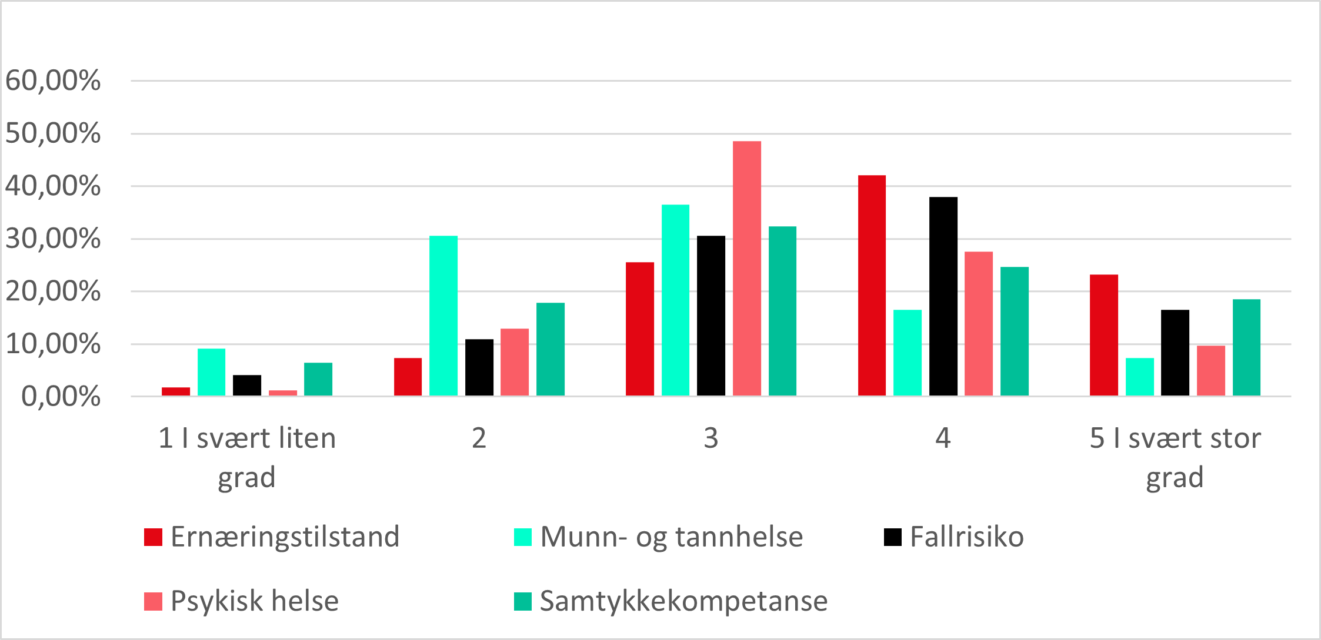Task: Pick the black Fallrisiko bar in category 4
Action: tap(943, 296)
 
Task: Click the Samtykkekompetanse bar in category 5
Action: tap(1246, 347)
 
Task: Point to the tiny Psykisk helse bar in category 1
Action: tap(283, 393)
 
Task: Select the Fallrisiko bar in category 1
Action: tap(247, 385)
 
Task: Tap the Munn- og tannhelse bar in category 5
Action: tap(1139, 377)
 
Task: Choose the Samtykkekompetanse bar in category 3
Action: tap(782, 311)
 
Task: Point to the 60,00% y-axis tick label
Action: tap(53, 81)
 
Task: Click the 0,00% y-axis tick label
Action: tap(61, 397)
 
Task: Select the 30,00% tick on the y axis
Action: tap(53, 239)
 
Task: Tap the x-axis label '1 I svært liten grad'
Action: tap(247, 457)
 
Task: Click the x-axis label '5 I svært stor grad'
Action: tap(1175, 457)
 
